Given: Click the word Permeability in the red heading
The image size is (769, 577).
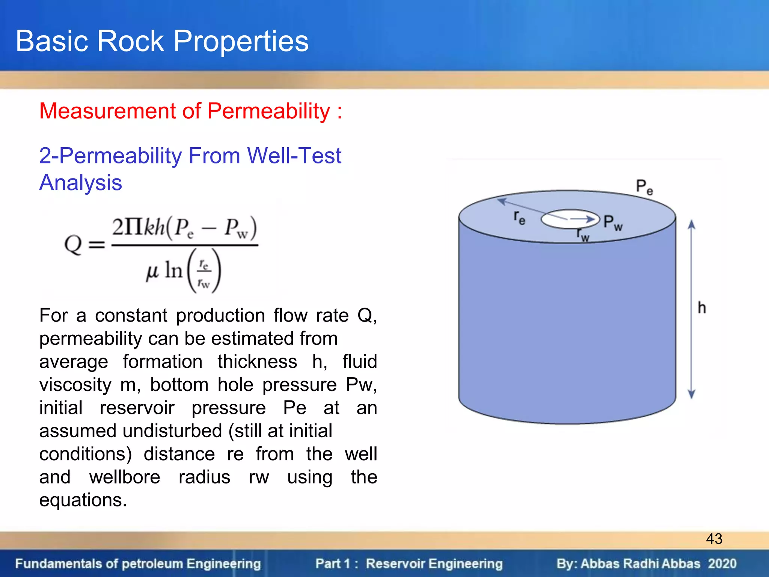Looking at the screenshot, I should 268,111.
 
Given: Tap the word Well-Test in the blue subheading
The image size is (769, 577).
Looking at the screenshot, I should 294,156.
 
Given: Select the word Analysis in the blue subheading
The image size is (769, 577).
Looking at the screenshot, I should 81,183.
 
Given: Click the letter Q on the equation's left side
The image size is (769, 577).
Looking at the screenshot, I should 73,245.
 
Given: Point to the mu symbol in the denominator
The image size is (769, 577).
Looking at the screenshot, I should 152,271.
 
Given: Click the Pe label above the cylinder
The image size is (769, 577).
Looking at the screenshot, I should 644,187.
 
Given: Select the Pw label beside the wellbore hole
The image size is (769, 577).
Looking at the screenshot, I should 612,222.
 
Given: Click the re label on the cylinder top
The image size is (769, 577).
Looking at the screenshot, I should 519,218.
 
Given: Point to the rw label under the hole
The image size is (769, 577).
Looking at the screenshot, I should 583,235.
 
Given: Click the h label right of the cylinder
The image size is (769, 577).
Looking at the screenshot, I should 701,308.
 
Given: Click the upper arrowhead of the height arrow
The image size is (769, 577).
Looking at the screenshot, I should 691,225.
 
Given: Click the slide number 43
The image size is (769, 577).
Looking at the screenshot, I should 714,539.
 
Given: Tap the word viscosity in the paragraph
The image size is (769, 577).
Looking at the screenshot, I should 75,385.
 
